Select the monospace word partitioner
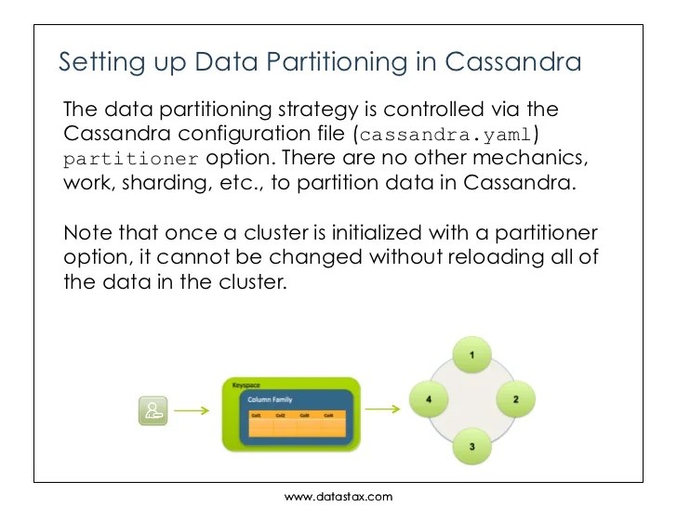click(131, 158)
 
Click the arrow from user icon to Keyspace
click(192, 409)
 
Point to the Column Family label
click(270, 399)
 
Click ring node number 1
click(472, 356)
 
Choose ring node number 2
click(516, 399)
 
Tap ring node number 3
click(472, 447)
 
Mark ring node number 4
click(429, 399)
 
